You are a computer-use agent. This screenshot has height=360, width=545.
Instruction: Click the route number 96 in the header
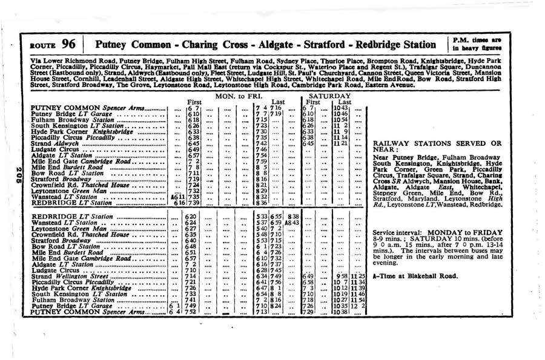tap(68, 44)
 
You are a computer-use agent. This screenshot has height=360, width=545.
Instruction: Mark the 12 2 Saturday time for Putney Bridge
tap(358, 306)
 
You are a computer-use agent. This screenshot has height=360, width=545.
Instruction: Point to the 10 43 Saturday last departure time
tap(340, 107)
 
